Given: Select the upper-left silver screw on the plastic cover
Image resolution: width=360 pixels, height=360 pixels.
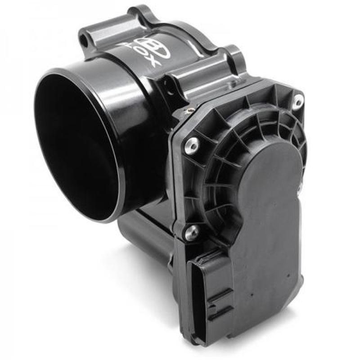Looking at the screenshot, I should point(192,143).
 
